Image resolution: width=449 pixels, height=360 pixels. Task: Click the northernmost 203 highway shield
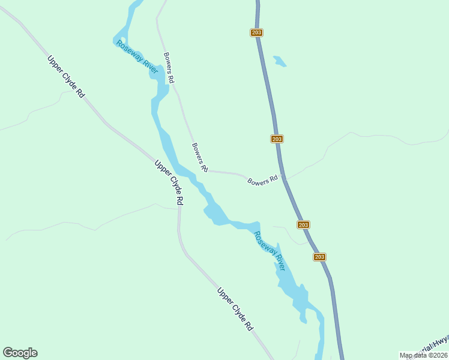256,32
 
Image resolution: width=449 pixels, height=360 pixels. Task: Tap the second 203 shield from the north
276,139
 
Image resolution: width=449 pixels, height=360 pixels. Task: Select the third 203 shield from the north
303,224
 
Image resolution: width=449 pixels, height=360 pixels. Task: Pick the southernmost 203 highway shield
319,257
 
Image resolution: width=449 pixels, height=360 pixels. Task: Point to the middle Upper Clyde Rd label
169,183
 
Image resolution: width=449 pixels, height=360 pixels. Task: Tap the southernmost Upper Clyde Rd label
235,310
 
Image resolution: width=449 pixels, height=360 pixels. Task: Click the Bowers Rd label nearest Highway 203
263,179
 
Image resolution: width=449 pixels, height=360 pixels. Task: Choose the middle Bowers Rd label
200,157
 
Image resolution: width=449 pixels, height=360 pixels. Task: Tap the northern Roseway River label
137,58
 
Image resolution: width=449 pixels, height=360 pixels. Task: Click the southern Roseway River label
269,251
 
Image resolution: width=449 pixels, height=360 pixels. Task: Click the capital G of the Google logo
8,353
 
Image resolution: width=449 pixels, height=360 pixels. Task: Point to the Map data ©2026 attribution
423,355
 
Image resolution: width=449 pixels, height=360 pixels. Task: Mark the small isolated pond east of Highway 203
280,61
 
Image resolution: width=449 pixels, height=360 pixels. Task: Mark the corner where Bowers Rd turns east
206,170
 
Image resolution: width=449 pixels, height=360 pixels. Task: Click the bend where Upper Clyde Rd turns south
179,210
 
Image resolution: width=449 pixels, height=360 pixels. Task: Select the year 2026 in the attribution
439,355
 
